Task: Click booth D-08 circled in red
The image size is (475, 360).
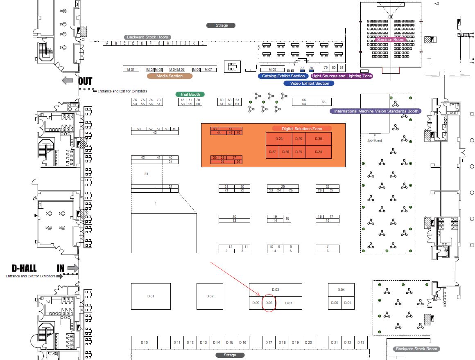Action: coord(269,303)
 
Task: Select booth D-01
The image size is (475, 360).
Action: coord(151,296)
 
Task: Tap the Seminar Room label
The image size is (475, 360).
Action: coord(391,40)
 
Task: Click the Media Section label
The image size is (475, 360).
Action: coord(170,76)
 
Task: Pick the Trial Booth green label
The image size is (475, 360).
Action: coord(190,94)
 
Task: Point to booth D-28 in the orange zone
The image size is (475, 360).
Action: coord(279,139)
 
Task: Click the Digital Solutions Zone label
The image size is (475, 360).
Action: coord(302,129)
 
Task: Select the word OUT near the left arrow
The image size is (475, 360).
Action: coord(85,81)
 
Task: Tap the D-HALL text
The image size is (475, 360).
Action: coord(24,268)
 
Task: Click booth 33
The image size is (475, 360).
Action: coord(146,174)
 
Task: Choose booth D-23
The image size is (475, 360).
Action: coord(361,342)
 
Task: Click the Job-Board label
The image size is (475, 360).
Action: coord(374,140)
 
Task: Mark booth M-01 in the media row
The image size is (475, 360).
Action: coord(131,70)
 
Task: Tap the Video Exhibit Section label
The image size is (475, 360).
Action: coord(310,83)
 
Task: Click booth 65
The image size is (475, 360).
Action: coord(323,102)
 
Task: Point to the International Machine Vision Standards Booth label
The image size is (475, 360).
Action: coord(376,111)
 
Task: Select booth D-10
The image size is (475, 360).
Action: coord(144,342)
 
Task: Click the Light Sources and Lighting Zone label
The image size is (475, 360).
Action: coord(342,76)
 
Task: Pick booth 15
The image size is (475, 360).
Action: coord(287,219)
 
